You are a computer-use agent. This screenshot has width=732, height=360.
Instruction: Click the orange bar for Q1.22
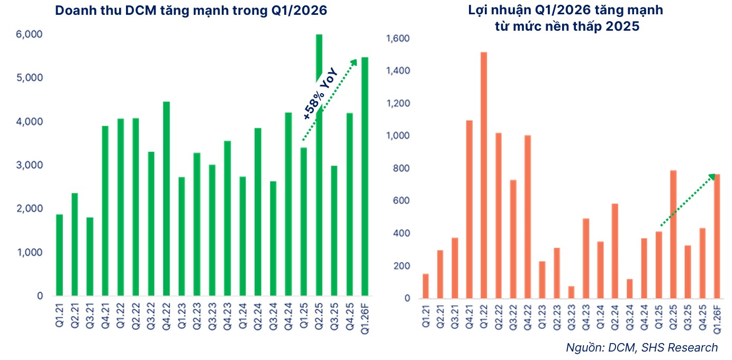484,175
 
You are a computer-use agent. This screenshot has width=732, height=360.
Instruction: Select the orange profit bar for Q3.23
571,292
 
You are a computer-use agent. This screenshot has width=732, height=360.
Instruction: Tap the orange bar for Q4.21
469,209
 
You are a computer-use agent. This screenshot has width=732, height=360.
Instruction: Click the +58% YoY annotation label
321,95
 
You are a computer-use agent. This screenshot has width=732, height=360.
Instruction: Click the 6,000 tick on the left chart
32,34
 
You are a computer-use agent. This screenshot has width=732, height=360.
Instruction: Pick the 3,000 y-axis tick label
32,165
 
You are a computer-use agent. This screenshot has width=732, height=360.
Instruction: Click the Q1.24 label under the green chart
242,316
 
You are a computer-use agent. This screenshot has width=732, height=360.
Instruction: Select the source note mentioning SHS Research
641,347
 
